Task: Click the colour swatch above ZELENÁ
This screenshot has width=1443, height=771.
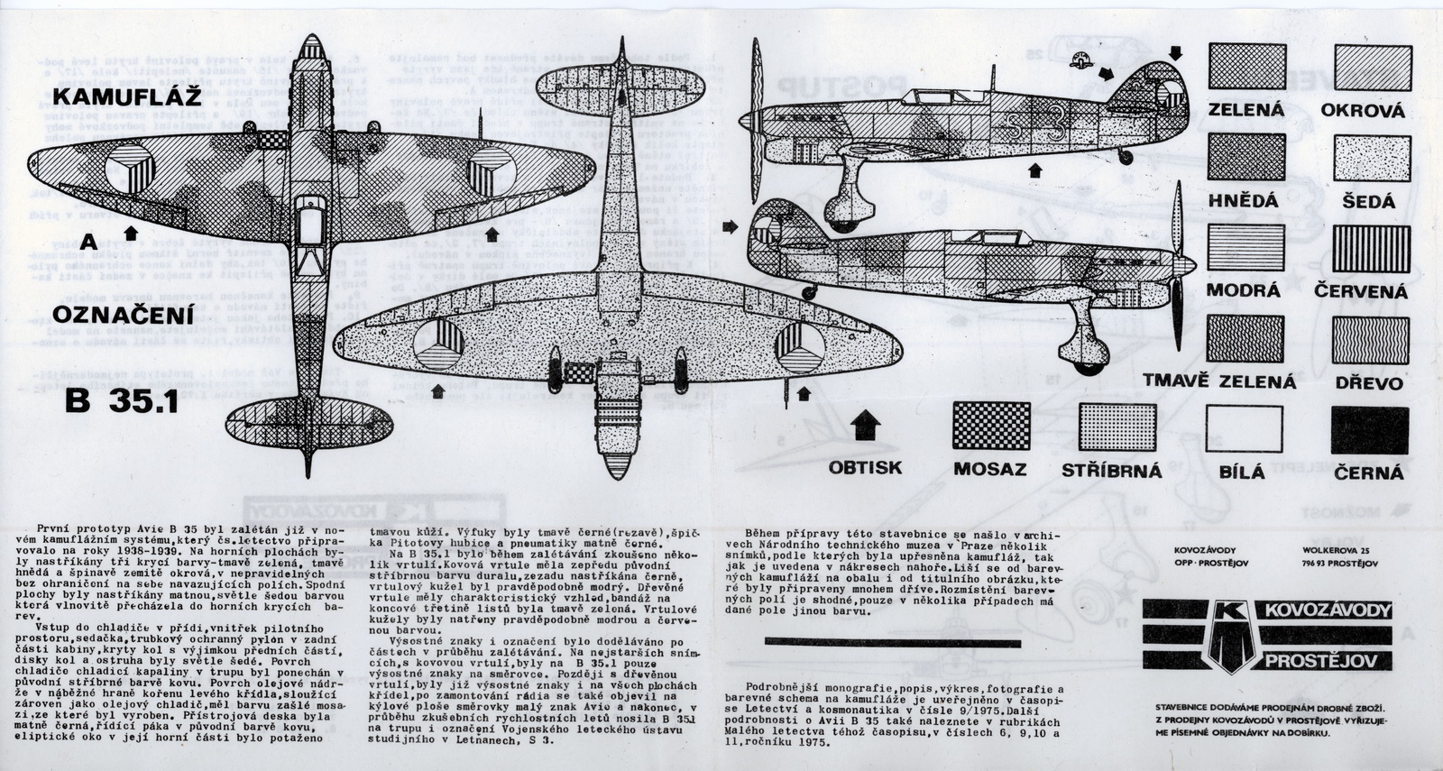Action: click(1246, 67)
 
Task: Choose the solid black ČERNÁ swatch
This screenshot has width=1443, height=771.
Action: click(1369, 429)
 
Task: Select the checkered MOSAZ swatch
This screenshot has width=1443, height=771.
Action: click(990, 427)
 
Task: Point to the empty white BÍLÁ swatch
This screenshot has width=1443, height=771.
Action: click(1245, 428)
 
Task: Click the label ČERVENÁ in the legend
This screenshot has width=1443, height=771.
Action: click(1361, 292)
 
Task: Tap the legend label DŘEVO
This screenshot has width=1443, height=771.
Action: click(1369, 383)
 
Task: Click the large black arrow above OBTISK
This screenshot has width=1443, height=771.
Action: click(865, 422)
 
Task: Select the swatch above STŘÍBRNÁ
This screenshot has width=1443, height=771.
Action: click(1117, 427)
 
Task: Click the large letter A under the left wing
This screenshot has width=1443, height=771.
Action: click(88, 242)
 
